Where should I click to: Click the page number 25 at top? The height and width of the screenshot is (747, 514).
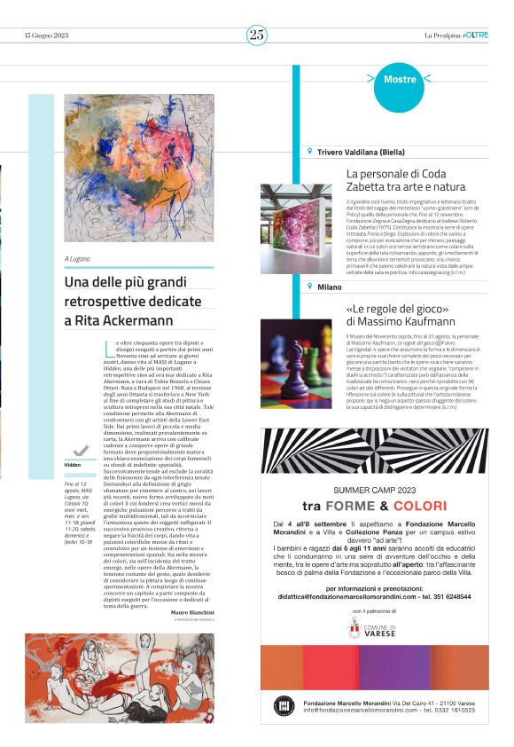pyautogui.click(x=257, y=35)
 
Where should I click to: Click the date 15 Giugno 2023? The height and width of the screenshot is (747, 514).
pyautogui.click(x=45, y=35)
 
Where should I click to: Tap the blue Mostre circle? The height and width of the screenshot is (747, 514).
pyautogui.click(x=400, y=80)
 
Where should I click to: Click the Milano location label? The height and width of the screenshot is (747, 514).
pyautogui.click(x=330, y=287)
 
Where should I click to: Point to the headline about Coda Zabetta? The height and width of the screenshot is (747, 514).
pyautogui.click(x=405, y=180)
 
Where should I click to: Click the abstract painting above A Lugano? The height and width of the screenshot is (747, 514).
pyautogui.click(x=139, y=169)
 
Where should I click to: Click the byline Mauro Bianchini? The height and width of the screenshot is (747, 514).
pyautogui.click(x=192, y=612)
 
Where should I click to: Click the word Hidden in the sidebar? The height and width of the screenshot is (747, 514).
pyautogui.click(x=74, y=465)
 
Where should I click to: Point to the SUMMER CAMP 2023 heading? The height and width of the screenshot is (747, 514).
pyautogui.click(x=374, y=489)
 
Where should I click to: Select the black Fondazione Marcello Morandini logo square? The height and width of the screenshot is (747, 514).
pyautogui.click(x=284, y=705)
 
